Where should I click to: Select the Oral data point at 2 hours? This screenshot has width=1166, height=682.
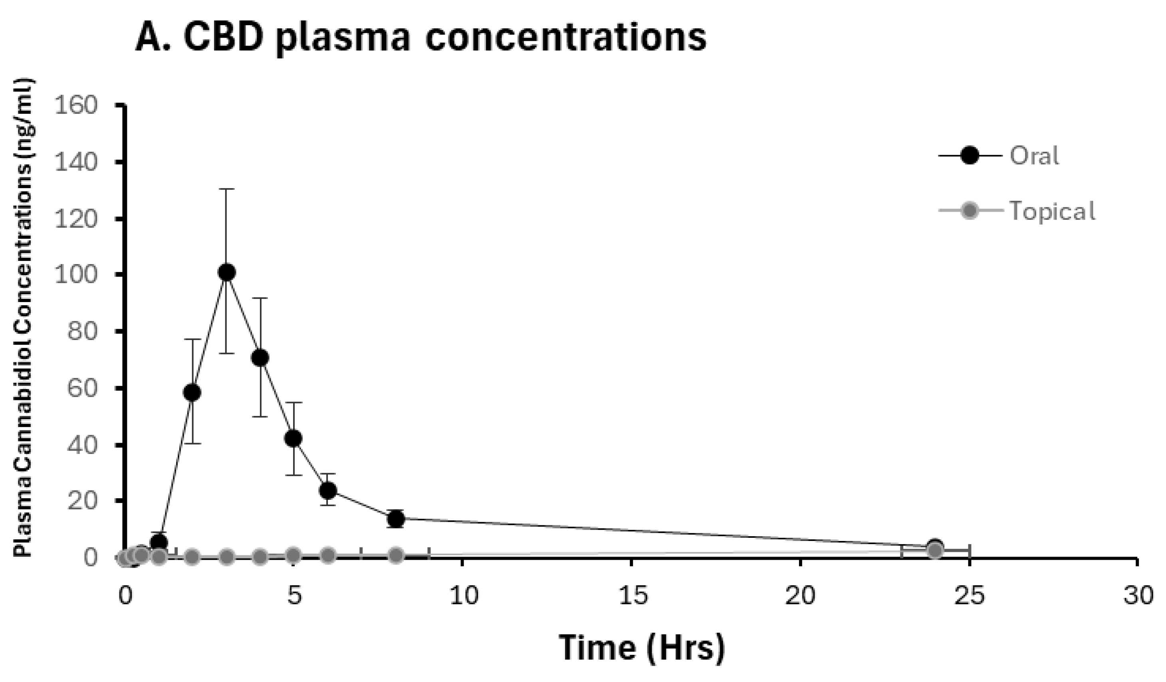pyautogui.click(x=192, y=393)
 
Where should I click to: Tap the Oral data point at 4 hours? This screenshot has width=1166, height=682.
pyautogui.click(x=260, y=358)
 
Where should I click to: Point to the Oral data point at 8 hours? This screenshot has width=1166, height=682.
pyautogui.click(x=396, y=519)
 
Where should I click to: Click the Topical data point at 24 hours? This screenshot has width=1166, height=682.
pyautogui.click(x=935, y=551)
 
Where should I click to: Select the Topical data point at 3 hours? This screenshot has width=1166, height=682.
pyautogui.click(x=227, y=557)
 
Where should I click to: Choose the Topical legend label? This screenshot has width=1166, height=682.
pyautogui.click(x=1052, y=211)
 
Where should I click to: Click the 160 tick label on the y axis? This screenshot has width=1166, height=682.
pyautogui.click(x=76, y=105)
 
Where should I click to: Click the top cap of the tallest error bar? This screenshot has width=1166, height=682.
pyautogui.click(x=227, y=189)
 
